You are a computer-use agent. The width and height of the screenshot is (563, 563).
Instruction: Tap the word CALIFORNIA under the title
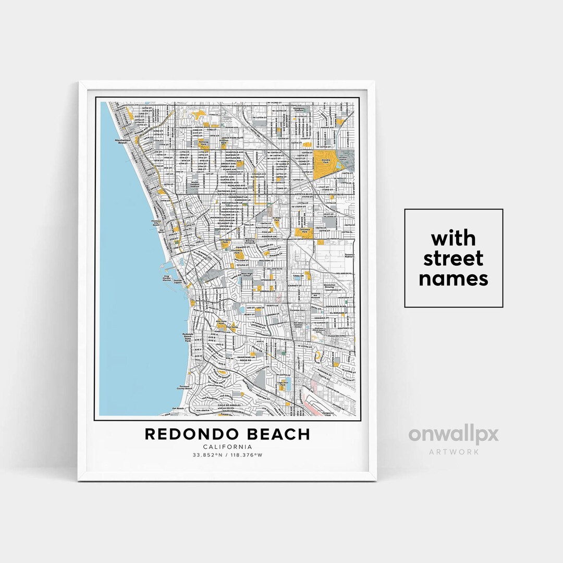pyautogui.click(x=227, y=447)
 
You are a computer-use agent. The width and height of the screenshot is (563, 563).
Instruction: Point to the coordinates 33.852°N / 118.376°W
pyautogui.click(x=227, y=455)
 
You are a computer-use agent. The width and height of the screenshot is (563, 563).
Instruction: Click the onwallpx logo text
pyautogui.click(x=453, y=435)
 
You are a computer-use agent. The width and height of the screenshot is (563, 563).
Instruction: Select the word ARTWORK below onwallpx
pyautogui.click(x=454, y=451)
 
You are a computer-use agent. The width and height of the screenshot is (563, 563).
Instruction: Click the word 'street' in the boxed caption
pyautogui.click(x=454, y=259)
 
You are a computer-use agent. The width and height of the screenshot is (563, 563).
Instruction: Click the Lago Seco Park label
pyautogui.click(x=282, y=383)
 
